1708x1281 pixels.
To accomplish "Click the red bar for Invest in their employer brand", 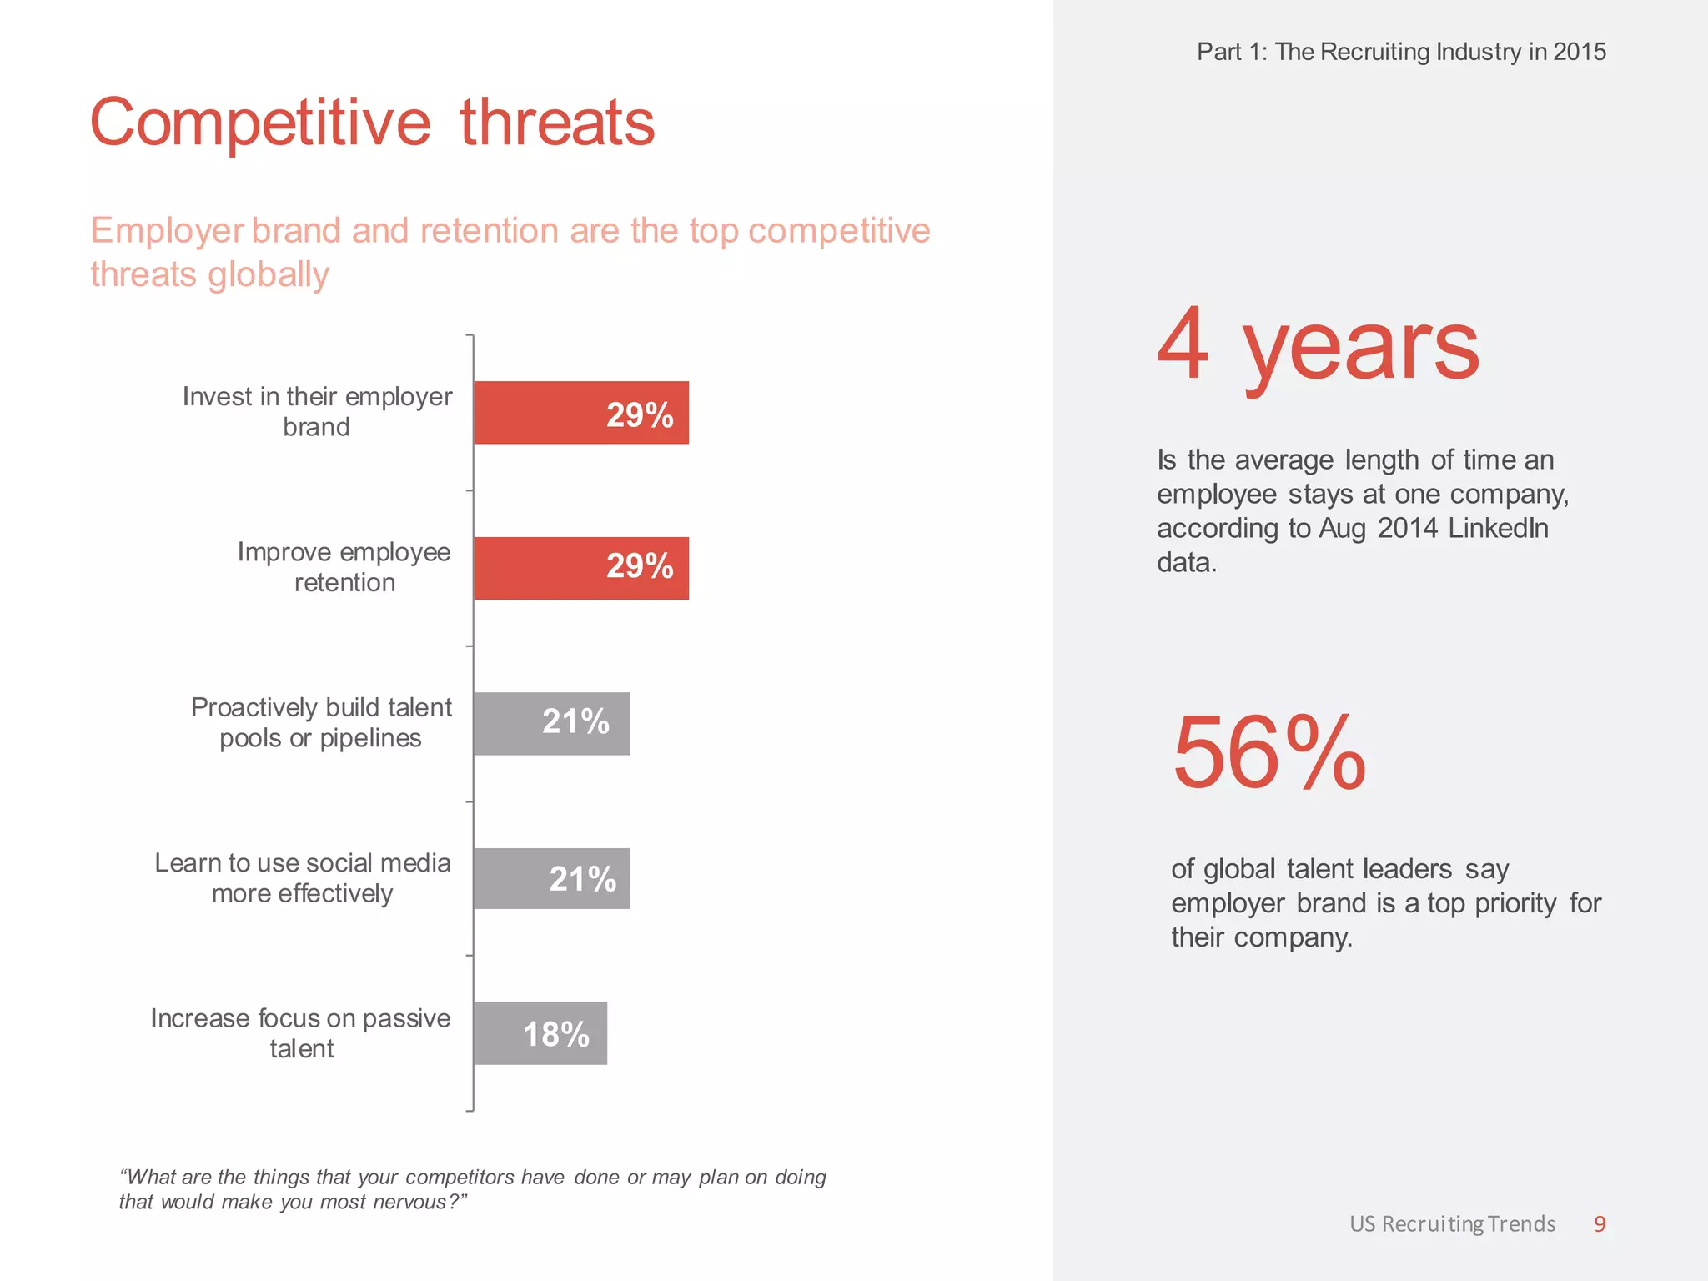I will point(580,413).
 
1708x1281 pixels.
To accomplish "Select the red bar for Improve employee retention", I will point(580,568).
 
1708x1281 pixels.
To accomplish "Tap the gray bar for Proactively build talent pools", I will point(551,724).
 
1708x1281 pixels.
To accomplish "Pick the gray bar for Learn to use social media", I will point(551,878).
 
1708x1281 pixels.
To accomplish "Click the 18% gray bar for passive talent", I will point(540,1033).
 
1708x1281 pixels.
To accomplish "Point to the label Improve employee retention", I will point(344,567).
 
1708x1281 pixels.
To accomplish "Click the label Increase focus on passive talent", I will point(300,1033).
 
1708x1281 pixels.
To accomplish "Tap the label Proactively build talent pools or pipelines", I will point(321,722).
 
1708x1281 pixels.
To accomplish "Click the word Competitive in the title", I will point(260,123).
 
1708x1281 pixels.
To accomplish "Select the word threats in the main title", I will point(557,123).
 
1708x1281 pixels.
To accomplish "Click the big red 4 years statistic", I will point(1318,346).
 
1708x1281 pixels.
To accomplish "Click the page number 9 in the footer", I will point(1599,1223).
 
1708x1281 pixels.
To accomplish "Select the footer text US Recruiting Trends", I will point(1452,1223).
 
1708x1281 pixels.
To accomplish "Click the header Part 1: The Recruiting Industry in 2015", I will point(1401,52).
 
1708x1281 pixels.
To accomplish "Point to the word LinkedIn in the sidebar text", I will point(1498,528).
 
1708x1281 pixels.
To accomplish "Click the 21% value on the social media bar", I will point(582,879).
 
